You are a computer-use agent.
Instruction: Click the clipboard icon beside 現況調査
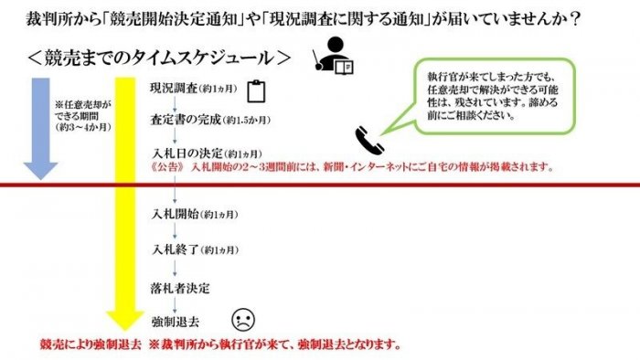[x=256, y=91]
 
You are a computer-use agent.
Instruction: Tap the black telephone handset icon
[x=369, y=140]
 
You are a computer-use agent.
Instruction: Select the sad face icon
[x=243, y=319]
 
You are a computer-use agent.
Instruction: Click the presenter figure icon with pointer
[x=333, y=56]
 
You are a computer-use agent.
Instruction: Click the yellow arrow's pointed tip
[x=125, y=330]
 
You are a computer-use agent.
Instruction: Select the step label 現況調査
[x=174, y=88]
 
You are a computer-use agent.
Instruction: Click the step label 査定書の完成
[x=186, y=120]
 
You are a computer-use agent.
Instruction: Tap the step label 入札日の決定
[x=187, y=154]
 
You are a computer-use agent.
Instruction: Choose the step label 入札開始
[x=175, y=214]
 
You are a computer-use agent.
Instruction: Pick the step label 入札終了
[x=176, y=249]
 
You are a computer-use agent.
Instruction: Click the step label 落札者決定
[x=180, y=288]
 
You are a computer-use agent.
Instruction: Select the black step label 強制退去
[x=176, y=322]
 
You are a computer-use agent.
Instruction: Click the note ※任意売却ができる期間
[x=83, y=116]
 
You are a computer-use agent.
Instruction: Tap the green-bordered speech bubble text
[x=492, y=96]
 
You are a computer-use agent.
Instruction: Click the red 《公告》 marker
[x=167, y=166]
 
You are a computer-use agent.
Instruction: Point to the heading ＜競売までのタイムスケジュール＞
[x=159, y=58]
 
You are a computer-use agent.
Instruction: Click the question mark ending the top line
[x=576, y=19]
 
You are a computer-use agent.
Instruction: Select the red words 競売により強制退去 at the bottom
[x=91, y=344]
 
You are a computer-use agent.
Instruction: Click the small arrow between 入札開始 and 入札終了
[x=176, y=230]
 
